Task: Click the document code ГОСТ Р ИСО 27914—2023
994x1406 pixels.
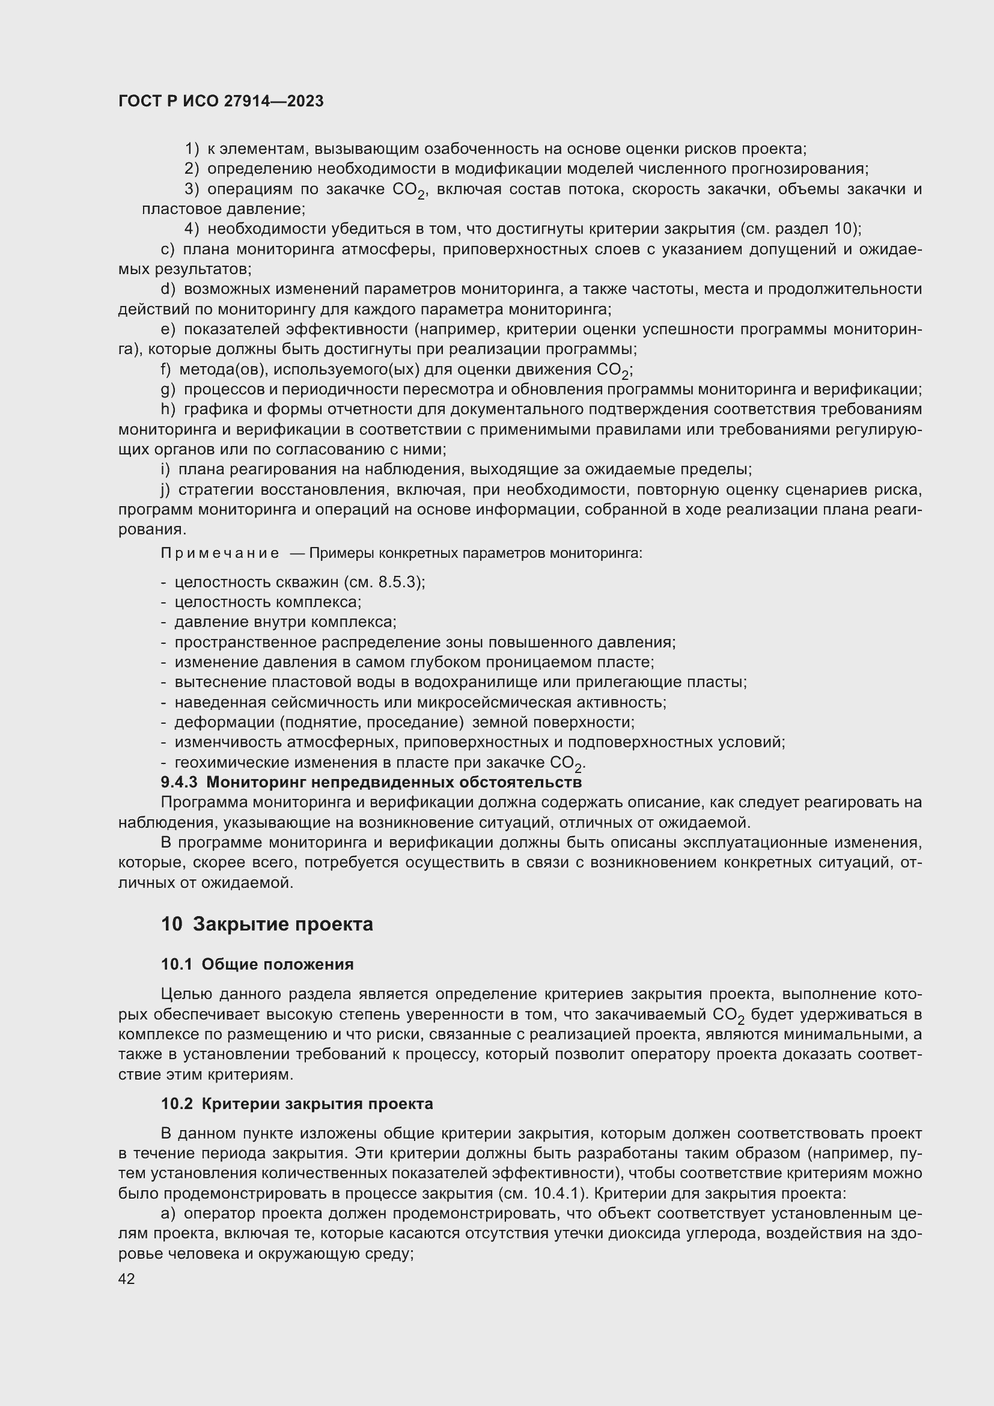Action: click(x=221, y=102)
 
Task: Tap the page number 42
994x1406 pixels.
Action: click(x=127, y=1279)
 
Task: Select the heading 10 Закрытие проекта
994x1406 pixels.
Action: click(x=267, y=924)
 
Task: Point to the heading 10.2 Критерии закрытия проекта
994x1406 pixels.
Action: click(x=297, y=1104)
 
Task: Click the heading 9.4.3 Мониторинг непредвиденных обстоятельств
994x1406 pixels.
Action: click(x=371, y=783)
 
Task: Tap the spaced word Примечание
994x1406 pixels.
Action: click(x=220, y=554)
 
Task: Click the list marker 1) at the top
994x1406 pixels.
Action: click(x=192, y=149)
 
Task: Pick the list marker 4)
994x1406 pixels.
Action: click(x=192, y=229)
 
